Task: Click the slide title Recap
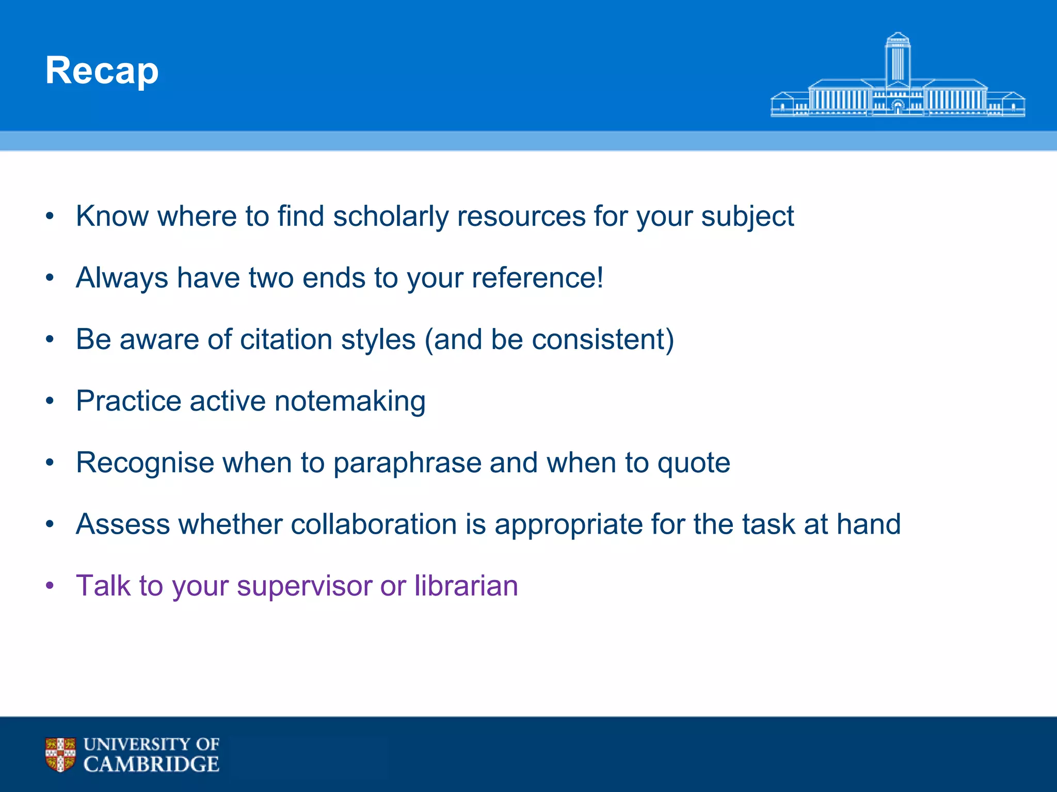click(102, 71)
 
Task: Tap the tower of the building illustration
click(898, 59)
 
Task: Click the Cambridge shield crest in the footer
click(60, 754)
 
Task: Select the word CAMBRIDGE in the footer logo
click(151, 764)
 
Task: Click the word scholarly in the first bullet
click(391, 216)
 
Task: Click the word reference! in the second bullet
click(537, 278)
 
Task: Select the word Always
click(122, 278)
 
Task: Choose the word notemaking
click(350, 401)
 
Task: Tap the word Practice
click(129, 401)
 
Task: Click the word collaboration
click(374, 524)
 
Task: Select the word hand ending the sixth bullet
click(869, 524)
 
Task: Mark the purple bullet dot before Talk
click(50, 586)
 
